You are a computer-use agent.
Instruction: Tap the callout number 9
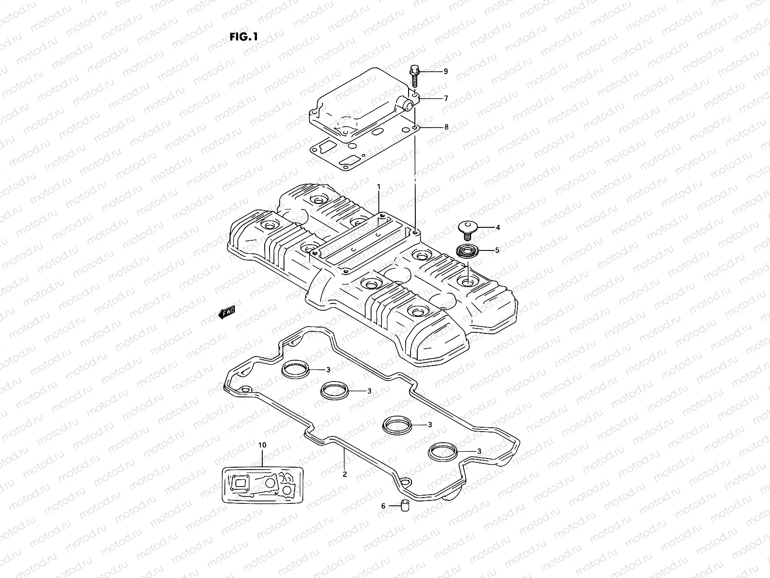coord(446,71)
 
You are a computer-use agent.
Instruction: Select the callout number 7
coord(446,98)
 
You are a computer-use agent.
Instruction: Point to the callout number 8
coord(446,127)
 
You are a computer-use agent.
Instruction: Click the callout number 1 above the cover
coord(379,186)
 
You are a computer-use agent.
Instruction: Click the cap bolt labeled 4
coord(465,229)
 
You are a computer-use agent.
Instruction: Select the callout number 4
coord(498,227)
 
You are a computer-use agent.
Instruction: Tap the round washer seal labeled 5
coord(466,251)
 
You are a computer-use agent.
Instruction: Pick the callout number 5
coord(498,250)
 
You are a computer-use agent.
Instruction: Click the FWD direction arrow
coord(227,314)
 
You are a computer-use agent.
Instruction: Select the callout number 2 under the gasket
coord(345,474)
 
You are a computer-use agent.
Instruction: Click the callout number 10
coord(262,445)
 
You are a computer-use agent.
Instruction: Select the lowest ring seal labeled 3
coord(441,451)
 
